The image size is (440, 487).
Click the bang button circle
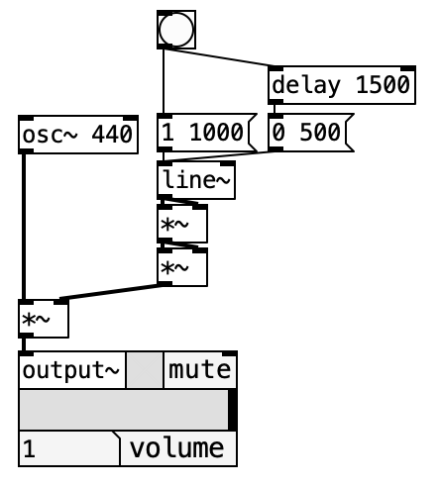pos(176,30)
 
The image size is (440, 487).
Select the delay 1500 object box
pos(342,85)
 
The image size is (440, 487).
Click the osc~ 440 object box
pos(78,135)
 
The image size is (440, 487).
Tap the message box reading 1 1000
pos(207,133)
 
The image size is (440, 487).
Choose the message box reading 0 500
pos(311,133)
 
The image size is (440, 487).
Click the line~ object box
pos(196,180)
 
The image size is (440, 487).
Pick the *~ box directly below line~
pos(182,224)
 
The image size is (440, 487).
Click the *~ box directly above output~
pos(44,319)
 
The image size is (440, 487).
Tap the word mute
pos(199,370)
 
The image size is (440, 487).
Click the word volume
pos(176,448)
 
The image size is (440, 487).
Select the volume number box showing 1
pos(69,448)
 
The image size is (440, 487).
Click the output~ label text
pos(70,370)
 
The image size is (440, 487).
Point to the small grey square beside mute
pos(145,370)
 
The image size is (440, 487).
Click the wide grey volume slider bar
pos(124,410)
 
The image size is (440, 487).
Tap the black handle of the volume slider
pos(233,410)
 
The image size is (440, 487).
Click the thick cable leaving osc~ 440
pos(24,227)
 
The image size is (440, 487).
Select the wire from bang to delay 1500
pos(219,57)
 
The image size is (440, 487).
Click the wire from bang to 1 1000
pos(164,81)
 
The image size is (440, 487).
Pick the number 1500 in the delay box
pos(383,85)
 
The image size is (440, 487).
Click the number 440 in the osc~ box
pos(112,135)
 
